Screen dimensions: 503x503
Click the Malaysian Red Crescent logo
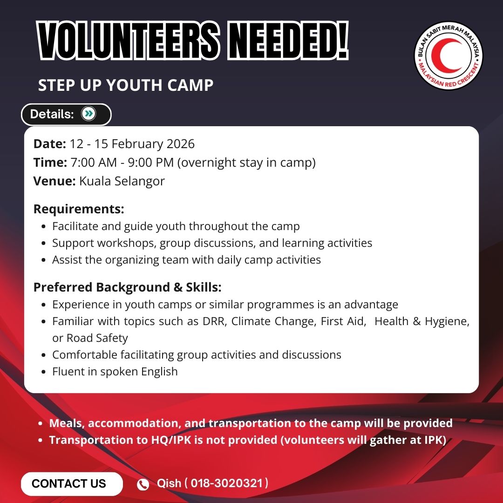[448, 55]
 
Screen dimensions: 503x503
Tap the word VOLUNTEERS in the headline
[129, 41]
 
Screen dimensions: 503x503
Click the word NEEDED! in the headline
[288, 41]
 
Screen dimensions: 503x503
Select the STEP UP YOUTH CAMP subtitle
[126, 85]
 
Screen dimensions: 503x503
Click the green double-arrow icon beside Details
[88, 114]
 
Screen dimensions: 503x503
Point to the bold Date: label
[50, 144]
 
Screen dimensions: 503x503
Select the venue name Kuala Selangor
[122, 181]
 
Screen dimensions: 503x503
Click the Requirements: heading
[79, 209]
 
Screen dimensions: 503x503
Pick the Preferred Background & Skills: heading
[127, 287]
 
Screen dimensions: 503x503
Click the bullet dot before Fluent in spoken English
[44, 372]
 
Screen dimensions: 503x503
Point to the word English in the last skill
[159, 372]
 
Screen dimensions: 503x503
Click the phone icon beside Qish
[143, 484]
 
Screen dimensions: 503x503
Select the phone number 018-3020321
[227, 483]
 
